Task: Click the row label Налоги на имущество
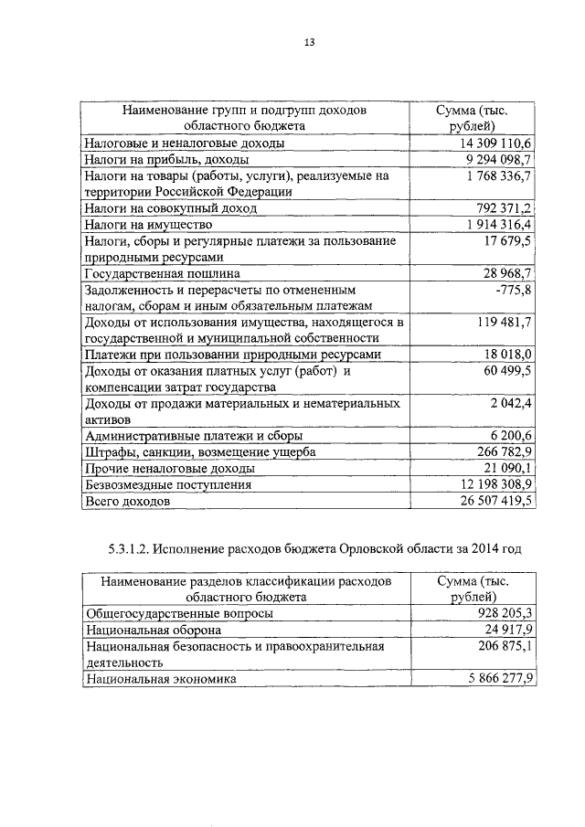tap(148, 224)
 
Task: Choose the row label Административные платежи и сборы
tap(193, 437)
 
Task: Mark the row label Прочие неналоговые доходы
tap(169, 469)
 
